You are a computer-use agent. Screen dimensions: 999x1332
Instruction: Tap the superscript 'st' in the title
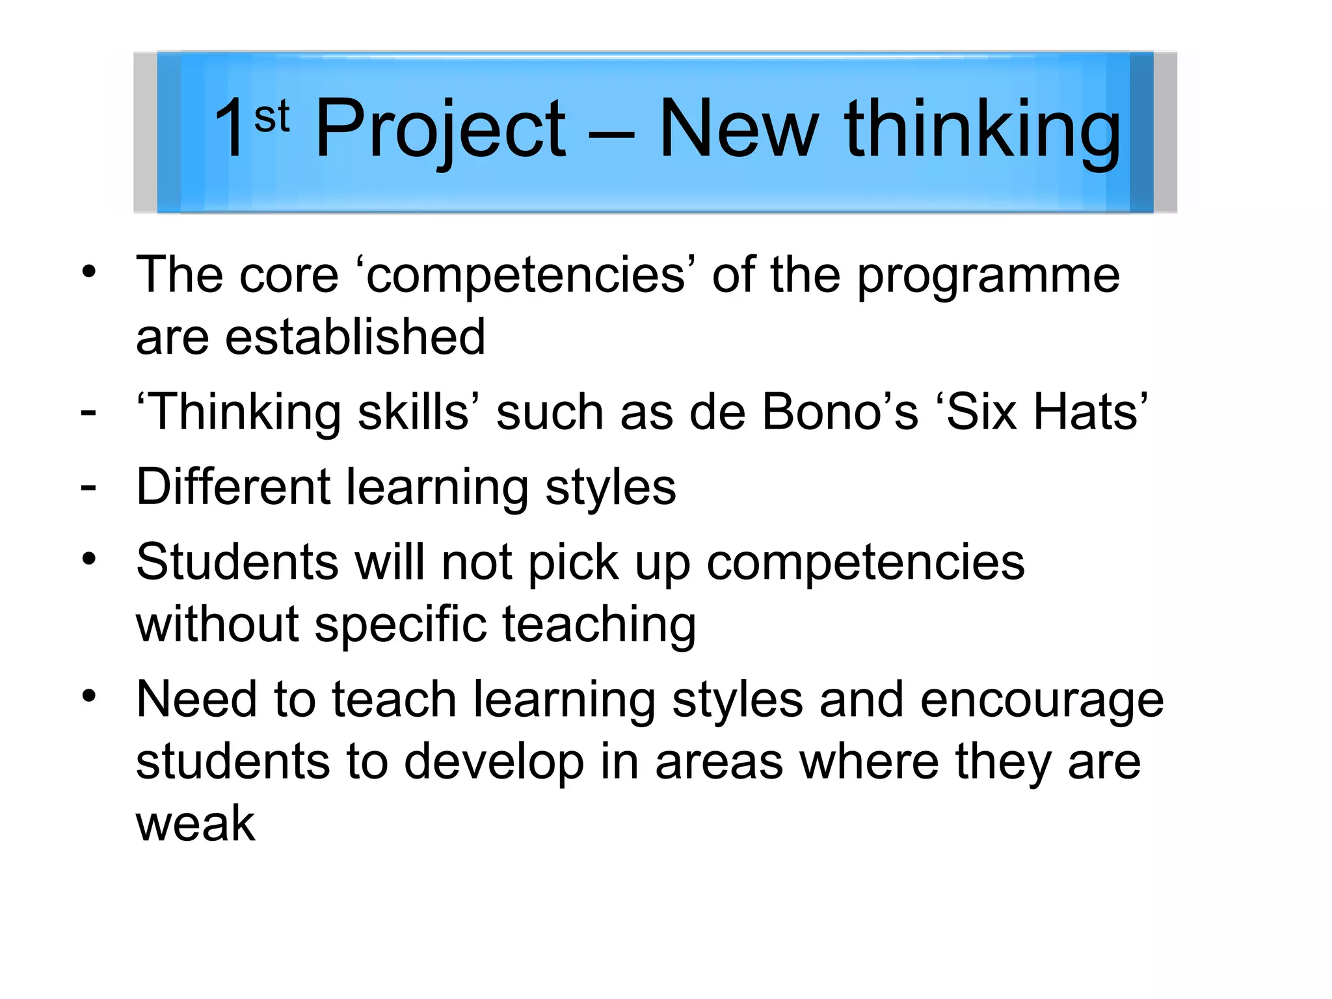point(272,117)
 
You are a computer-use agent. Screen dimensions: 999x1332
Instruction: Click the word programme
point(988,276)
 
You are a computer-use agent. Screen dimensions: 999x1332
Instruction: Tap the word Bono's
point(840,412)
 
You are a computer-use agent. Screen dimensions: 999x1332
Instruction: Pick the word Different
point(233,487)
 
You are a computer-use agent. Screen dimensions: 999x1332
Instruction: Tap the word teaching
point(599,624)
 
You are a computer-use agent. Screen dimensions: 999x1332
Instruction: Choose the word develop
point(494,762)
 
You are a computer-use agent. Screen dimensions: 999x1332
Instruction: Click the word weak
point(195,823)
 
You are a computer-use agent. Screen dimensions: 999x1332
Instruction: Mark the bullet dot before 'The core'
point(89,271)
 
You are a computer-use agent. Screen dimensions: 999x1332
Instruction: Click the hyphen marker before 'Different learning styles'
point(88,487)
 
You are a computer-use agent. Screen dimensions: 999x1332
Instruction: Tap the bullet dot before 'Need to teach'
point(89,696)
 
